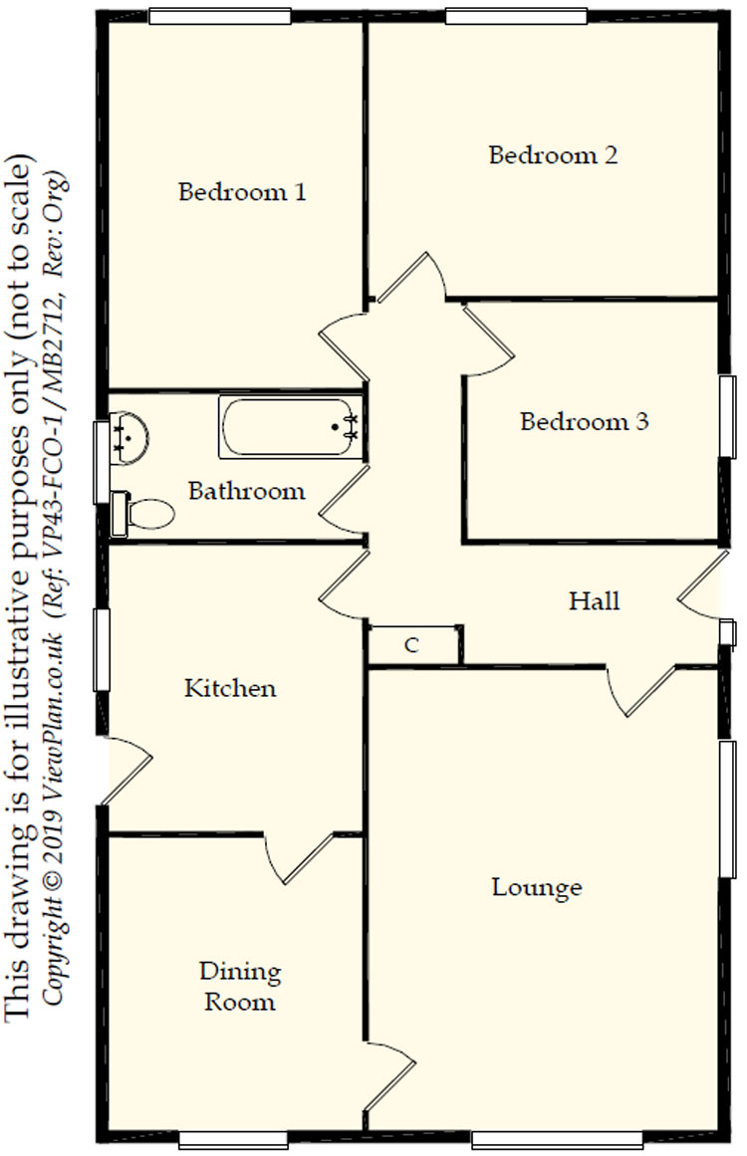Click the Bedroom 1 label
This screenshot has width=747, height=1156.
tap(241, 191)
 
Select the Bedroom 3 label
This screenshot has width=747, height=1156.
tap(584, 421)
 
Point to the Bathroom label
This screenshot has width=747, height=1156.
tap(246, 491)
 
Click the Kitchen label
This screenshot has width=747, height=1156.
tap(230, 688)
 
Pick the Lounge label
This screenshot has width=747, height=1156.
tap(537, 886)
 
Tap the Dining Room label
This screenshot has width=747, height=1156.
tap(240, 986)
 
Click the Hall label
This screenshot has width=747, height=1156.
tap(594, 600)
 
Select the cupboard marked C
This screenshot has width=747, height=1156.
tap(412, 645)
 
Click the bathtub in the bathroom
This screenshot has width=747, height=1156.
tap(289, 427)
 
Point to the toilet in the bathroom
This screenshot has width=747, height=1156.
tap(144, 513)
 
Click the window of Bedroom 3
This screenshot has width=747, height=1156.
tap(728, 417)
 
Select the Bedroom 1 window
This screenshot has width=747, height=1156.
tap(220, 17)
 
